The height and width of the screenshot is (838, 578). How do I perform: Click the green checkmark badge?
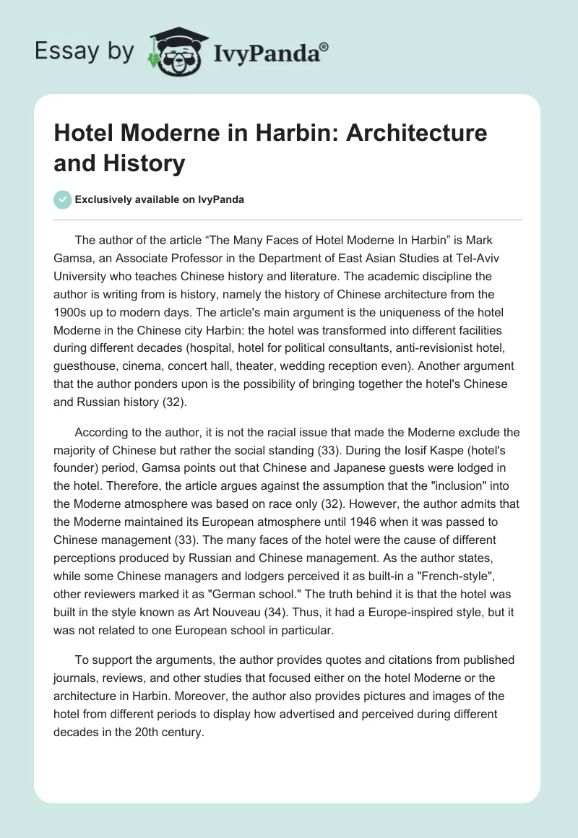[63, 199]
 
